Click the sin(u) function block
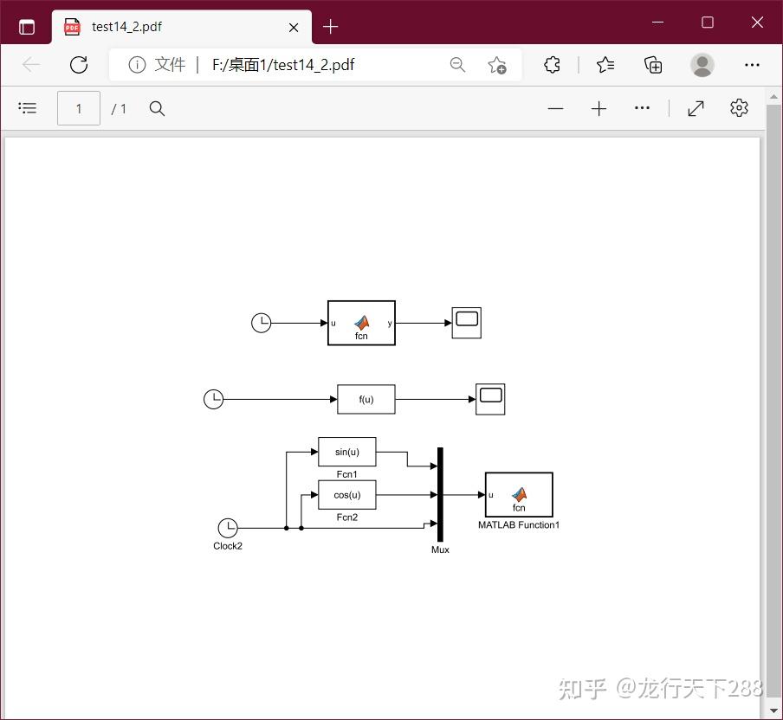pyautogui.click(x=346, y=452)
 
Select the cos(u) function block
pyautogui.click(x=346, y=495)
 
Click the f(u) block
pyautogui.click(x=366, y=399)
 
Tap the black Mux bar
pyautogui.click(x=440, y=494)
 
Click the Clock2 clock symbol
pyautogui.click(x=227, y=528)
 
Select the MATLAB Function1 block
pyautogui.click(x=519, y=494)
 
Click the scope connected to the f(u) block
pyautogui.click(x=490, y=399)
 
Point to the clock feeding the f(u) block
pyautogui.click(x=213, y=399)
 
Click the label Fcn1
pyautogui.click(x=346, y=474)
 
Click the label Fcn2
pyautogui.click(x=346, y=517)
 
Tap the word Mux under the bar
pyautogui.click(x=440, y=550)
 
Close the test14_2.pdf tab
pyautogui.click(x=294, y=27)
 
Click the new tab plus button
pyautogui.click(x=330, y=27)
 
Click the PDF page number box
pyautogui.click(x=79, y=108)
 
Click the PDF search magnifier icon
pyautogui.click(x=157, y=108)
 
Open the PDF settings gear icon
pyautogui.click(x=739, y=108)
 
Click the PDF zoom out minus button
pyautogui.click(x=556, y=108)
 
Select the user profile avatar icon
pyautogui.click(x=702, y=65)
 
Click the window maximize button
pyautogui.click(x=708, y=22)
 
